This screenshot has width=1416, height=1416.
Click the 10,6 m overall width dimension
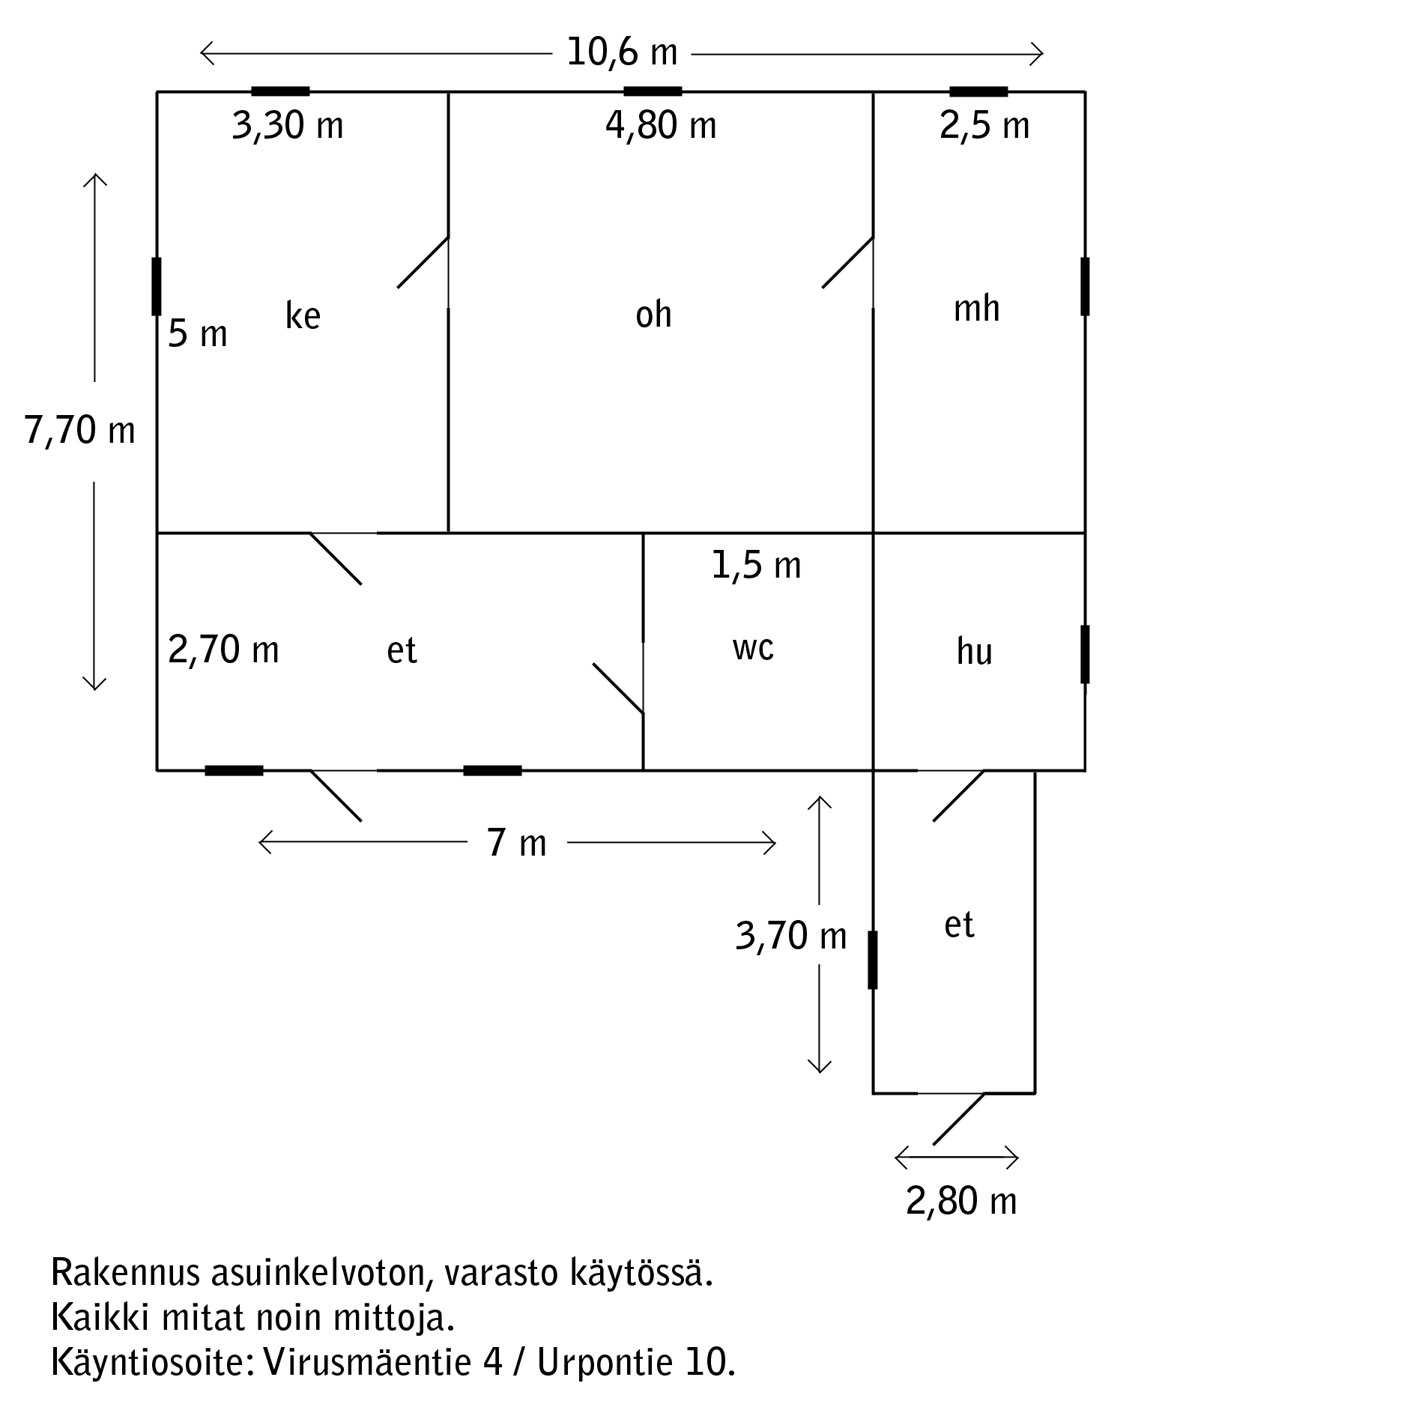[622, 53]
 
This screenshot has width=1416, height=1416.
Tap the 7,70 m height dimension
[80, 431]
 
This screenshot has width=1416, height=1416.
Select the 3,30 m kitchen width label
[288, 125]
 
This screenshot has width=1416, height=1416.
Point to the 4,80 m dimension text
[661, 125]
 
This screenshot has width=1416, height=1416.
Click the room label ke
[303, 315]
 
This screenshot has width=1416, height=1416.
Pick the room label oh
[653, 315]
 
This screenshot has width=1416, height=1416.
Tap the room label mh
[976, 308]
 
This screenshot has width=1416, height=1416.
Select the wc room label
[753, 648]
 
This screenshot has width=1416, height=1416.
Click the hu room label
[974, 651]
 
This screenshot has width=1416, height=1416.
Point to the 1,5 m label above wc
[756, 565]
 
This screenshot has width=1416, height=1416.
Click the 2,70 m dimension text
[223, 650]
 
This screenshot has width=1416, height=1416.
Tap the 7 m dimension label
[517, 843]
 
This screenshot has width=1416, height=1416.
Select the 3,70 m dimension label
[791, 936]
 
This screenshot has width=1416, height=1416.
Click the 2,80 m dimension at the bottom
[961, 1202]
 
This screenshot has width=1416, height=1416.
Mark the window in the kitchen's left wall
[157, 286]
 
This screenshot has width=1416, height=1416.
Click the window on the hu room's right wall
[1085, 654]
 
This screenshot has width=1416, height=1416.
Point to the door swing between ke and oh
[423, 262]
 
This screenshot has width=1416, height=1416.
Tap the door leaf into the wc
[618, 689]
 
